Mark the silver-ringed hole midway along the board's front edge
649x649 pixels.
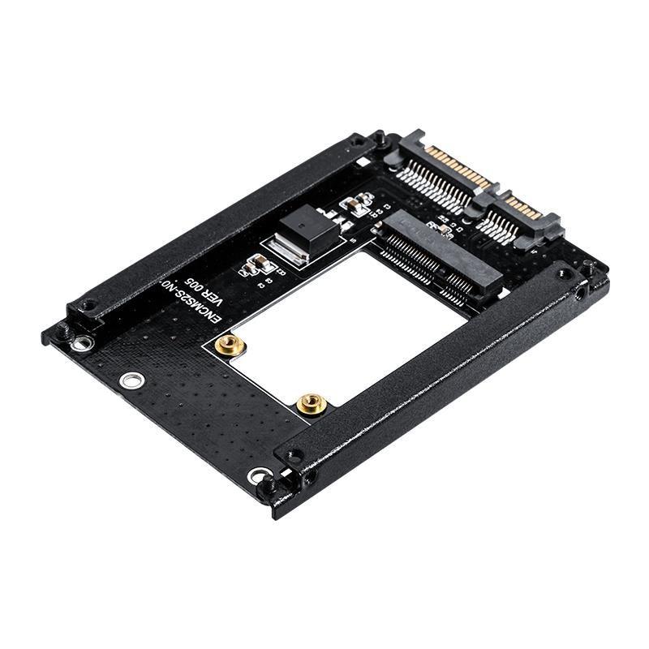[128, 380]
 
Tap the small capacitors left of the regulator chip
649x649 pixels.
[258, 263]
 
